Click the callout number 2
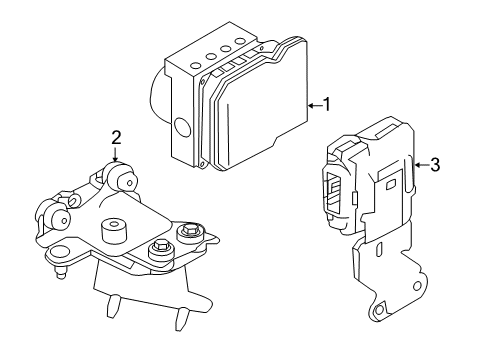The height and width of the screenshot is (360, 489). tap(116, 137)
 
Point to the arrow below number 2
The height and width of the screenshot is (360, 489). tap(116, 154)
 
